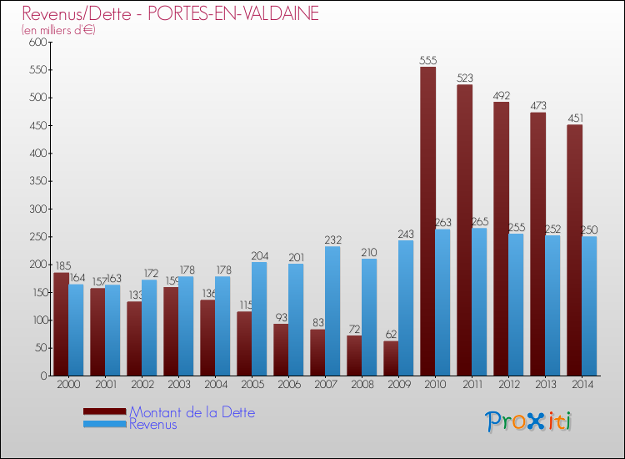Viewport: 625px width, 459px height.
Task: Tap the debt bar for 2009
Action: [391, 358]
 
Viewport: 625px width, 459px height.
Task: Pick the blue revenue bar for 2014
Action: [589, 305]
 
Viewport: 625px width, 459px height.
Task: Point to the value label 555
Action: [428, 60]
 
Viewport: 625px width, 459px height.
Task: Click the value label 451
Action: [575, 118]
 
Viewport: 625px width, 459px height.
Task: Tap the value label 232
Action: [333, 240]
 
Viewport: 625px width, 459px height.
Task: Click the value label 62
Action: [391, 334]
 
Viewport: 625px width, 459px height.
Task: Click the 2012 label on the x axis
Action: [507, 384]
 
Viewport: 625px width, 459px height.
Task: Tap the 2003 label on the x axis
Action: [177, 384]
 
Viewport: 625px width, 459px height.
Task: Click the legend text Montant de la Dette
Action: [192, 412]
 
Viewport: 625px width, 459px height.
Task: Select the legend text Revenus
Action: [153, 425]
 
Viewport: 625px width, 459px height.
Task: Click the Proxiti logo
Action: [528, 421]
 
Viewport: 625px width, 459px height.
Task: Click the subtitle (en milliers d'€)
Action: [58, 30]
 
